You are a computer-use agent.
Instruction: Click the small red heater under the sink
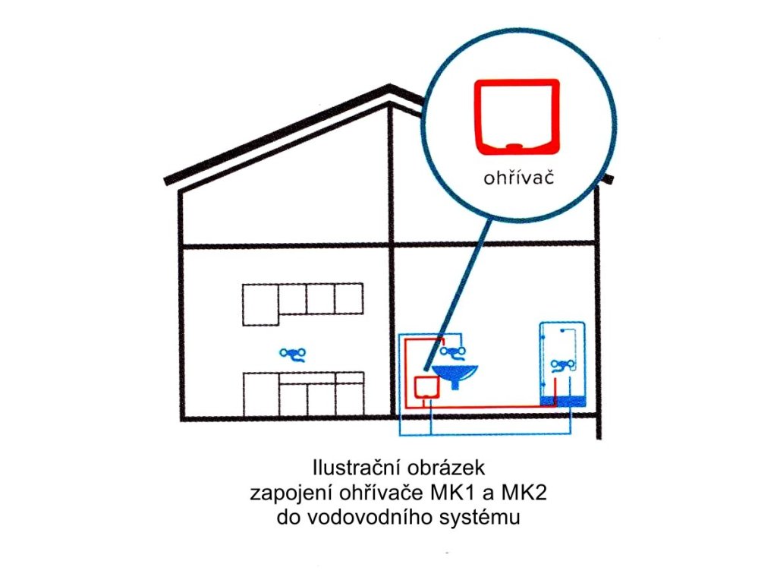pyautogui.click(x=426, y=388)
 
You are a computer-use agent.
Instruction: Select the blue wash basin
pyautogui.click(x=455, y=372)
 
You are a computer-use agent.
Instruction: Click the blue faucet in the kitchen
pyautogui.click(x=292, y=354)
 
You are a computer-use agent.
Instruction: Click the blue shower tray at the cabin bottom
pyautogui.click(x=562, y=400)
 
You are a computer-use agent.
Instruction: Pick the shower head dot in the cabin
pyautogui.click(x=560, y=332)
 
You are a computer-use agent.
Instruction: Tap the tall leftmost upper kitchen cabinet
pyautogui.click(x=260, y=304)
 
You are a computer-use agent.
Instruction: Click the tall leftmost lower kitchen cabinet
pyautogui.click(x=260, y=394)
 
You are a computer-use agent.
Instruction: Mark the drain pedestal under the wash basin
pyautogui.click(x=455, y=383)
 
